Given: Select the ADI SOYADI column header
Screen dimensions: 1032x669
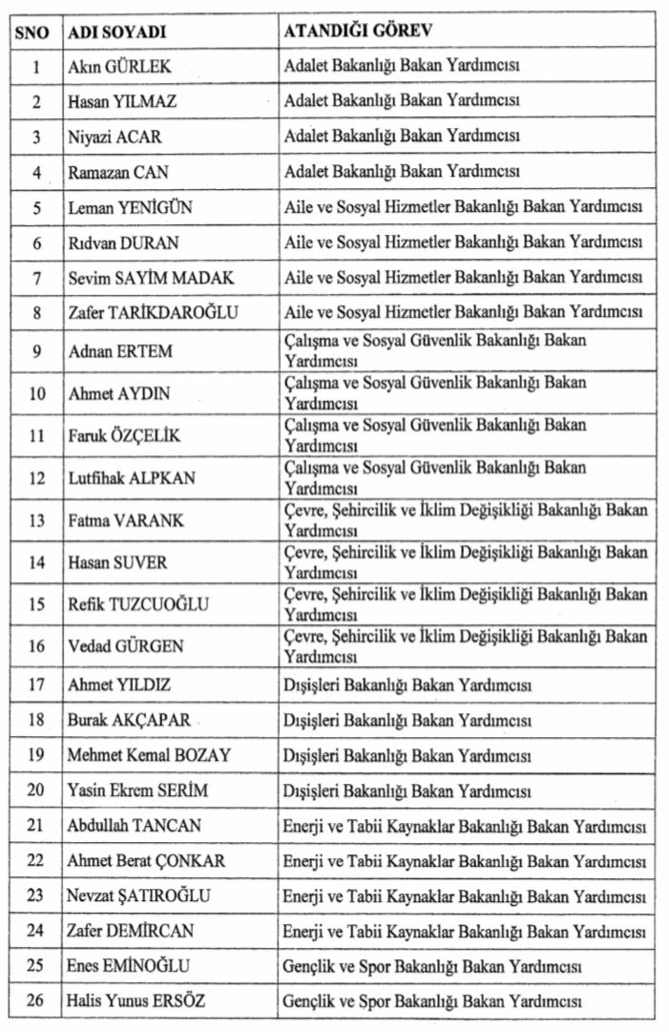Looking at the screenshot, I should (117, 32).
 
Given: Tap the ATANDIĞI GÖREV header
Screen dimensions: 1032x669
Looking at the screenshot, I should (358, 31).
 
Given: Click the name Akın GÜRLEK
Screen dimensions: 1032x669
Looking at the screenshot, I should (119, 68).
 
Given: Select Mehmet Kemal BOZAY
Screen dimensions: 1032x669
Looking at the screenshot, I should (149, 755).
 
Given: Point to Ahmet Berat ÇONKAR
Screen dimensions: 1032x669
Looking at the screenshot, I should (146, 861).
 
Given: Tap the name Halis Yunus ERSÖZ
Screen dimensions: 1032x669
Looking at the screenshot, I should (136, 1000).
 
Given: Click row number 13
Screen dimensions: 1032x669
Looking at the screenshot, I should (36, 520).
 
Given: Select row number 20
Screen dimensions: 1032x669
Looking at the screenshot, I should (36, 790).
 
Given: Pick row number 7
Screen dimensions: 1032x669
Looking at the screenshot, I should (36, 277).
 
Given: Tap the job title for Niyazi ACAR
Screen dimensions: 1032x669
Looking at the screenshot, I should (401, 137).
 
